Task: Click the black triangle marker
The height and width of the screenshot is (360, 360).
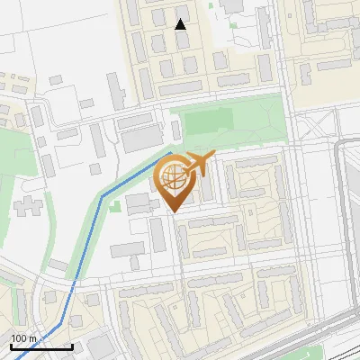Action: click(181, 24)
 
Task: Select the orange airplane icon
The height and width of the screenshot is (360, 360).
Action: click(200, 165)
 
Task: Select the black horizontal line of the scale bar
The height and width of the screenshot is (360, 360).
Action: click(41, 346)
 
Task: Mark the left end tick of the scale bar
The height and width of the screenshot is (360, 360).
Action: click(11, 345)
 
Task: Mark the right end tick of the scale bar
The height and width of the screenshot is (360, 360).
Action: click(72, 345)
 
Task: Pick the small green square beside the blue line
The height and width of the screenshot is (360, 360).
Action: click(115, 206)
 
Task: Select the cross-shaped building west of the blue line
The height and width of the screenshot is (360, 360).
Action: click(27, 205)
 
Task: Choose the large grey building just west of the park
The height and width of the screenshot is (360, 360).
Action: click(139, 139)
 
